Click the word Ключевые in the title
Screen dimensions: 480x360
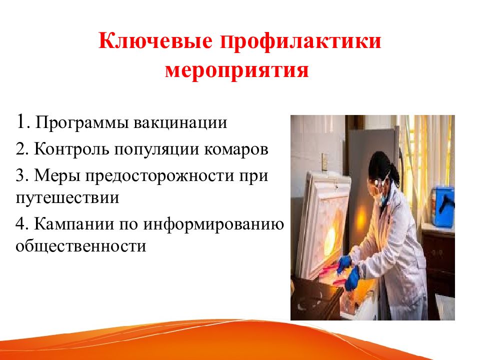point(155,41)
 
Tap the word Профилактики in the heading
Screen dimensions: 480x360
point(300,41)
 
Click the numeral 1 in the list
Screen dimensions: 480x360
point(21,121)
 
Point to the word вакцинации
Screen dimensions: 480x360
point(180,123)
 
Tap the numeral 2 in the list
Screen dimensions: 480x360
point(20,149)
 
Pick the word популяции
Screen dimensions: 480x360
point(156,149)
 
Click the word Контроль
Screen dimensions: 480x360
point(71,149)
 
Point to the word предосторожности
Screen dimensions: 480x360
point(159,176)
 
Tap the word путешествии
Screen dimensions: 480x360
point(67,198)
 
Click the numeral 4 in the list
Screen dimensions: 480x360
point(21,224)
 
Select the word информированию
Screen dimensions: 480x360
point(213,224)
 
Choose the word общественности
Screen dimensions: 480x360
point(81,246)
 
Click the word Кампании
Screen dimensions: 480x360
point(74,224)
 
